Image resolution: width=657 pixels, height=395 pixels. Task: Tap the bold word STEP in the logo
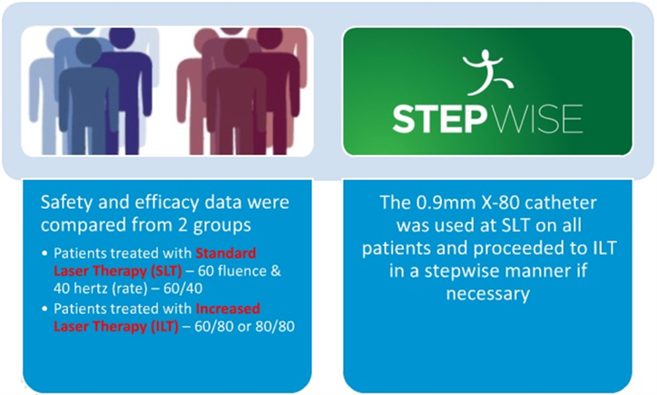click(439, 118)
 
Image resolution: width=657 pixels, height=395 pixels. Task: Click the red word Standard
click(226, 253)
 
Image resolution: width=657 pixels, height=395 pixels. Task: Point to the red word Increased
click(228, 308)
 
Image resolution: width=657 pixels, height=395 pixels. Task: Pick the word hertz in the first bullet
click(91, 288)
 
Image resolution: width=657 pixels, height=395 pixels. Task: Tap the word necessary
click(488, 294)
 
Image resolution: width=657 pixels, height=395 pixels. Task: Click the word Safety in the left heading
click(67, 202)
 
